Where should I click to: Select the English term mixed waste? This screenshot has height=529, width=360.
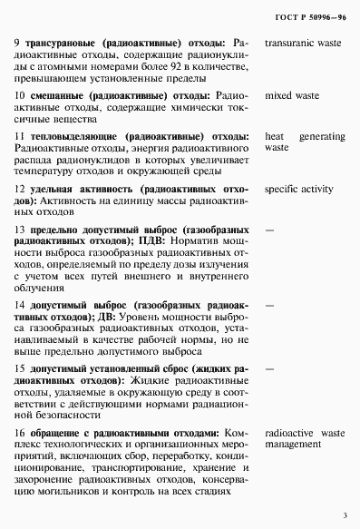pos(293,94)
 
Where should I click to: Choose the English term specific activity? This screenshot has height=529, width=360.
pos(298,190)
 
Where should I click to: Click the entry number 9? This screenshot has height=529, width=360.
pos(19,42)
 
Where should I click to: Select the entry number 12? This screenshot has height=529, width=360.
pos(21,190)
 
